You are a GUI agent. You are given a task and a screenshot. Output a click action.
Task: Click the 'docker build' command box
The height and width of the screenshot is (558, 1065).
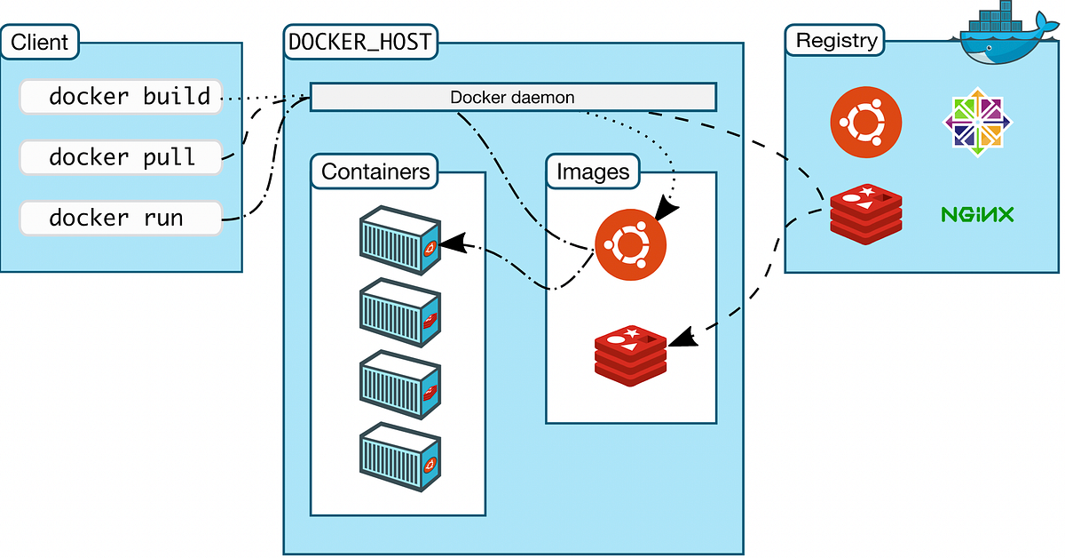click(121, 96)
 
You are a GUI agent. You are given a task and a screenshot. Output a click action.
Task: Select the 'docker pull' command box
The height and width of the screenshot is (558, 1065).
click(121, 157)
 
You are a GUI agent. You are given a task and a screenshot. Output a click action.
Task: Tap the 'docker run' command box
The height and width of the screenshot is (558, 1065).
click(121, 219)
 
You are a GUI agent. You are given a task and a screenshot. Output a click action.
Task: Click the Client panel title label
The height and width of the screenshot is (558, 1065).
click(40, 41)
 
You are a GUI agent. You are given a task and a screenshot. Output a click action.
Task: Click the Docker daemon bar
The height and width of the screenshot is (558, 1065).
click(512, 97)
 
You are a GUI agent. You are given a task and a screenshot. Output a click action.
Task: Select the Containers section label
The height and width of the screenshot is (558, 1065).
click(375, 171)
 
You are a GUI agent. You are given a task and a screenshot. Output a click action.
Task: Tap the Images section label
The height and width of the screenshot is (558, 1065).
click(593, 171)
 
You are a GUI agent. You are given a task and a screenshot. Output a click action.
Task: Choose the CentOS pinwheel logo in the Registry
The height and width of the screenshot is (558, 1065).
click(977, 122)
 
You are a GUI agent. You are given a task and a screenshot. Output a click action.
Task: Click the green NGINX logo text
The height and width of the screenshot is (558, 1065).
click(977, 214)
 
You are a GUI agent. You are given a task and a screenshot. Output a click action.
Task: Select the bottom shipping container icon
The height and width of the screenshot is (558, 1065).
click(399, 458)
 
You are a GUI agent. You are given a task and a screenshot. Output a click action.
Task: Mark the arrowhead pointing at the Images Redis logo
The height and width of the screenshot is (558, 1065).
click(680, 339)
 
